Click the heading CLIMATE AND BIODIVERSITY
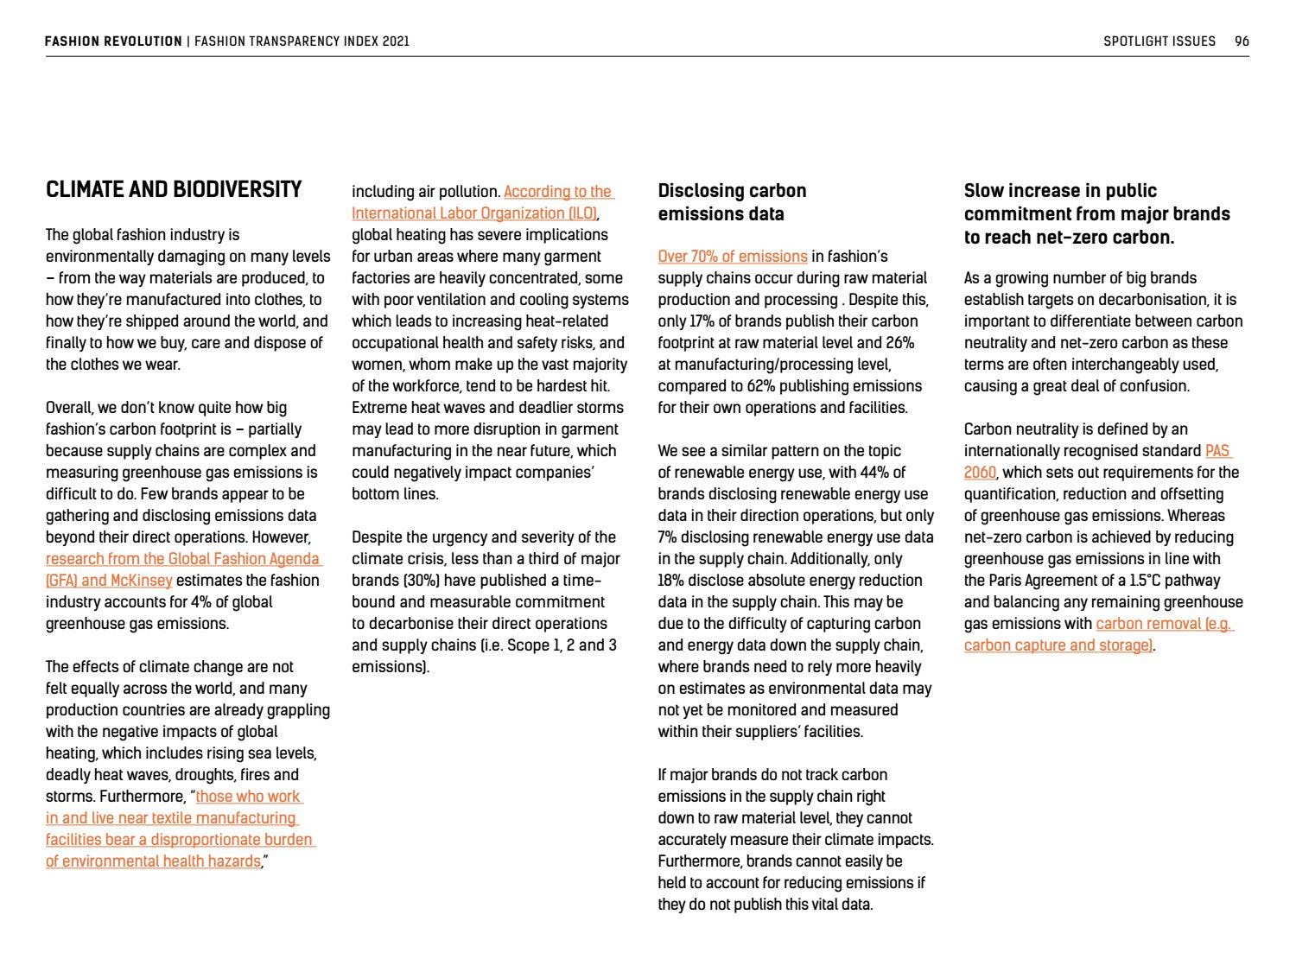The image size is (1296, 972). pyautogui.click(x=174, y=190)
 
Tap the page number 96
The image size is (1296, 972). pyautogui.click(x=1242, y=41)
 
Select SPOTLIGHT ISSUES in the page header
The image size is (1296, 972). pyautogui.click(x=1159, y=41)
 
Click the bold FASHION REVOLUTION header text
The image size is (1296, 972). pyautogui.click(x=113, y=41)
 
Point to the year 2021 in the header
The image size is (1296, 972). pyautogui.click(x=395, y=41)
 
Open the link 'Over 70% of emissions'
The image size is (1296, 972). pyautogui.click(x=733, y=257)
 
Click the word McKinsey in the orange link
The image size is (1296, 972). pyautogui.click(x=141, y=581)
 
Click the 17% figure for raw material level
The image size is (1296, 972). pyautogui.click(x=702, y=321)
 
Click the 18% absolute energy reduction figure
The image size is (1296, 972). pyautogui.click(x=671, y=581)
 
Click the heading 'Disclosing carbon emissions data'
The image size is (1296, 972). pyautogui.click(x=732, y=202)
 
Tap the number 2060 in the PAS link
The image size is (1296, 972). pyautogui.click(x=980, y=473)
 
